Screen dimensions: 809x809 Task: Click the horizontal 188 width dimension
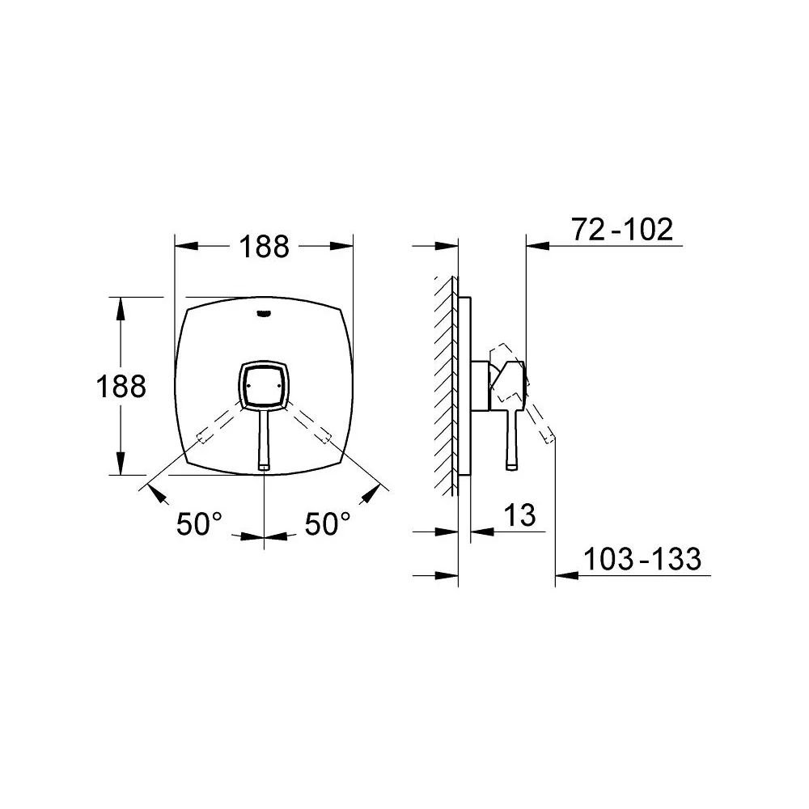pos(265,247)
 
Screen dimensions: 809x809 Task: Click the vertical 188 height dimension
pos(121,386)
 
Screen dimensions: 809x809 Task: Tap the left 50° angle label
pos(199,523)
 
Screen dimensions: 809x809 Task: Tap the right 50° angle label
pos(328,523)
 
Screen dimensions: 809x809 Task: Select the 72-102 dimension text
pos(622,229)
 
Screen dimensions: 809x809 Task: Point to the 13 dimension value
pos(519,515)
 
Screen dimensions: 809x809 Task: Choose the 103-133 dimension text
pos(642,559)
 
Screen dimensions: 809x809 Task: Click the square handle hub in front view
pos(265,385)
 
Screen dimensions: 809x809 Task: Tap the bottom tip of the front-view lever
pos(265,468)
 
